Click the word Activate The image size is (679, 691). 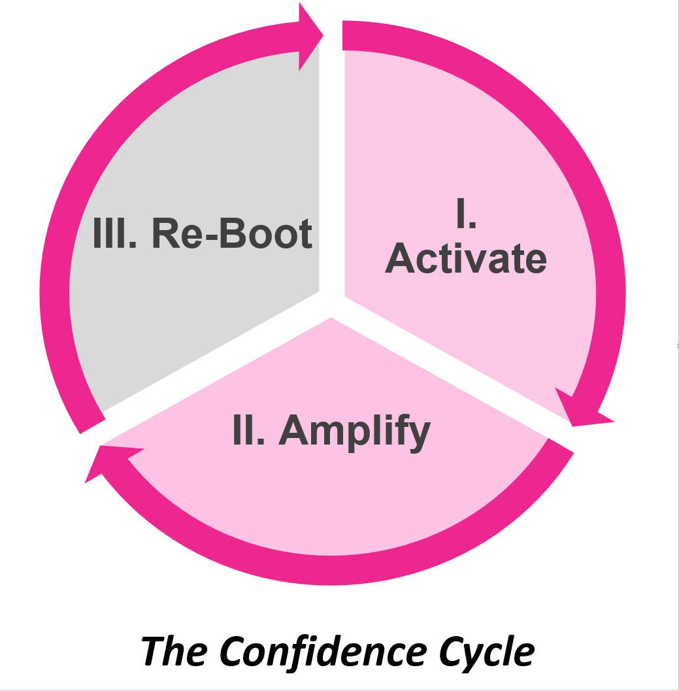(465, 260)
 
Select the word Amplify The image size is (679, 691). (355, 432)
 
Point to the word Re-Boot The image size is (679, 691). (232, 233)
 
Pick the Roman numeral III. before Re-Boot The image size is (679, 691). (115, 233)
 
